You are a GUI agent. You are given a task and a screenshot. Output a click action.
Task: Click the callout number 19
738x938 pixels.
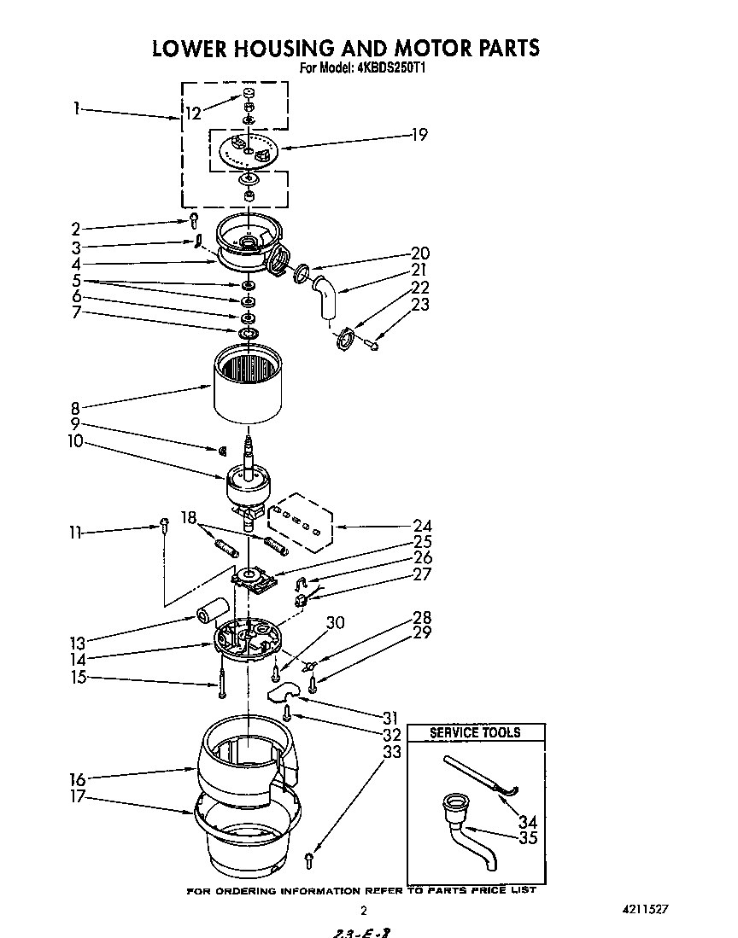pyautogui.click(x=419, y=134)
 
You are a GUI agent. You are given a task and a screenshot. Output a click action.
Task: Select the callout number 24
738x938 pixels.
pyautogui.click(x=421, y=527)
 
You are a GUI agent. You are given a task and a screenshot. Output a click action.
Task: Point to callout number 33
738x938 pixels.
pyautogui.click(x=392, y=752)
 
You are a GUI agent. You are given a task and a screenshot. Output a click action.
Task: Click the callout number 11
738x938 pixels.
pyautogui.click(x=75, y=533)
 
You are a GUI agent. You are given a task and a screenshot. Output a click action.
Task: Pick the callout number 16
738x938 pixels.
pyautogui.click(x=78, y=779)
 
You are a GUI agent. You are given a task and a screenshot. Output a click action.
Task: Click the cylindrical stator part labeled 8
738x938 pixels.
pyautogui.click(x=247, y=382)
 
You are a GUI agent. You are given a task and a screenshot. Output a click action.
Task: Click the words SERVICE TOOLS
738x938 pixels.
pyautogui.click(x=475, y=732)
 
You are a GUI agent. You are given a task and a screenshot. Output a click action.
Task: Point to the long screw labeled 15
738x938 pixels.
pyautogui.click(x=221, y=683)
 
